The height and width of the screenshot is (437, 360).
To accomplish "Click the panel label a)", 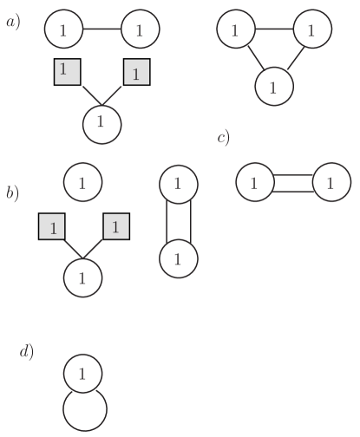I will coord(13,23).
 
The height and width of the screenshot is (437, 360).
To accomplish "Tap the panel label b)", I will coord(13,192).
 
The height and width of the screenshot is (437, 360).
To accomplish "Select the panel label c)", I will coord(223,139).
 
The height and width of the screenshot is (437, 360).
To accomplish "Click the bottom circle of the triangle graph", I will coord(273,86).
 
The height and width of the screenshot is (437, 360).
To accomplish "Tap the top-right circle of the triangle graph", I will coord(311,30).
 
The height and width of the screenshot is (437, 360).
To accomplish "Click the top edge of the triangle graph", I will coord(273,30).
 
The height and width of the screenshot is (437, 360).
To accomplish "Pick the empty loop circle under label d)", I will coord(83,409).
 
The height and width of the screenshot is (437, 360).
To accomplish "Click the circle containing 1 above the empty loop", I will coord(82,374).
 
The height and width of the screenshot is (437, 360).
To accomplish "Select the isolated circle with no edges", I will coord(82,183).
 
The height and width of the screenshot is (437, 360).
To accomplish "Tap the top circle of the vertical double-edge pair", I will coord(178,183).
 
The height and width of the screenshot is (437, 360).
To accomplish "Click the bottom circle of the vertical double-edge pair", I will coord(178,258).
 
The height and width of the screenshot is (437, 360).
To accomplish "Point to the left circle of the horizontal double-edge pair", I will coord(253,183).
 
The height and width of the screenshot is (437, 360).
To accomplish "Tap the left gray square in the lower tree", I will coord(53,227).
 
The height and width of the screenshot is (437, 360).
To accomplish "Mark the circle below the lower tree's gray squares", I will coord(82,278).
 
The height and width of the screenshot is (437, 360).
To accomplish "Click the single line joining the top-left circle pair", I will coord(101,29).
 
